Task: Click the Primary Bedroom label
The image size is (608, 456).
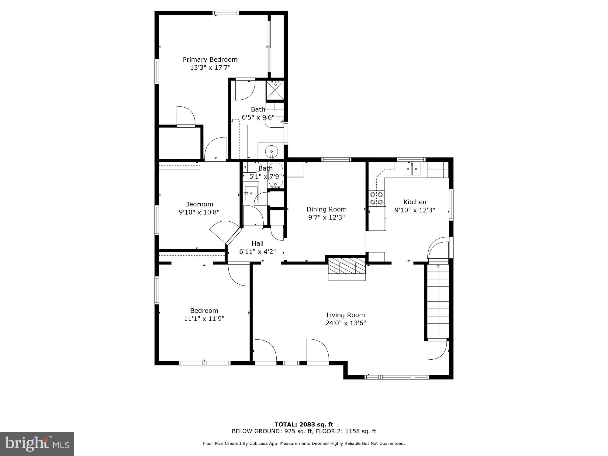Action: click(x=210, y=60)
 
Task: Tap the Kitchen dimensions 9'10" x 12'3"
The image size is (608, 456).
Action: click(x=415, y=210)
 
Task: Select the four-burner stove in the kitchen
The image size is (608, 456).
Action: click(x=376, y=198)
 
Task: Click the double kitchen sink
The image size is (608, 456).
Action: click(x=412, y=169)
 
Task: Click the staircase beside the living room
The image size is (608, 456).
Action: click(x=438, y=301)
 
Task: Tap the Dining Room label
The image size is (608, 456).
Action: click(x=326, y=209)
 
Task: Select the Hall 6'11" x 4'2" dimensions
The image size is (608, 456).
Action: click(x=257, y=252)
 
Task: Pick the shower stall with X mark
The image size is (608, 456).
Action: click(x=275, y=90)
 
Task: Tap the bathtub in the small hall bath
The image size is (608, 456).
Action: click(x=276, y=176)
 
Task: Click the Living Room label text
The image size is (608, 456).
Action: click(x=346, y=315)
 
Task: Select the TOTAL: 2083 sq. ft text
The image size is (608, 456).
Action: click(x=304, y=424)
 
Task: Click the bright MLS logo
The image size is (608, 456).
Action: click(x=37, y=444)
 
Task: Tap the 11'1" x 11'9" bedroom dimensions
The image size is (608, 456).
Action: click(x=204, y=319)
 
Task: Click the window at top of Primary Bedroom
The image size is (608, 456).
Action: click(x=226, y=13)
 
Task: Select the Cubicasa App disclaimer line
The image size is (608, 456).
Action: click(x=304, y=444)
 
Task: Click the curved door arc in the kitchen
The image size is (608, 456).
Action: click(x=438, y=248)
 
